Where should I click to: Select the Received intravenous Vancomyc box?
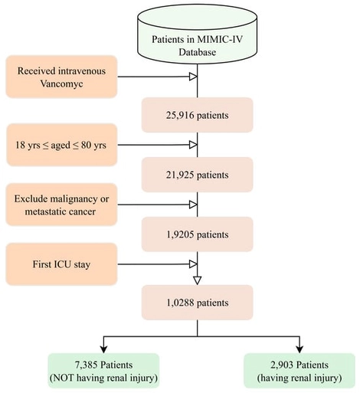point(61,76)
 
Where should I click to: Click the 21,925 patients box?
point(198,175)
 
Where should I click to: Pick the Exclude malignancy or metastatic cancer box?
point(61,205)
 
